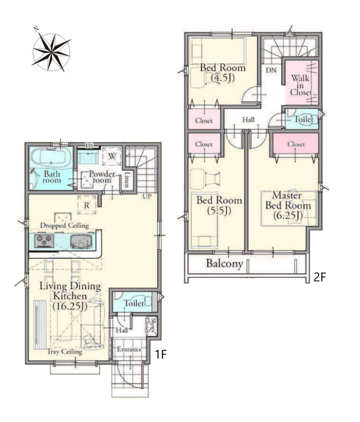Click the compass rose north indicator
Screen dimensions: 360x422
(x=35, y=29)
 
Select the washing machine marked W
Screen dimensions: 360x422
(x=112, y=156)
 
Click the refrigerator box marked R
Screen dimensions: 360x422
(x=87, y=205)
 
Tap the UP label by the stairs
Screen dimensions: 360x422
(x=147, y=196)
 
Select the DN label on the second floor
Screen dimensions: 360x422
(x=271, y=70)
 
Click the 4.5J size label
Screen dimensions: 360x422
(x=223, y=78)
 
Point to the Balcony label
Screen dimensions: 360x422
(x=225, y=263)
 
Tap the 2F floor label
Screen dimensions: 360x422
(x=320, y=277)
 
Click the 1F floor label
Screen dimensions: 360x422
(x=161, y=354)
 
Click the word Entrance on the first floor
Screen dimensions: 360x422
(x=129, y=349)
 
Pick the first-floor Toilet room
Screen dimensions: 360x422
(x=132, y=302)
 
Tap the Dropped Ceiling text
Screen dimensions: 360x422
(x=64, y=225)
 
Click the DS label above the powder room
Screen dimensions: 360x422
(x=89, y=146)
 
